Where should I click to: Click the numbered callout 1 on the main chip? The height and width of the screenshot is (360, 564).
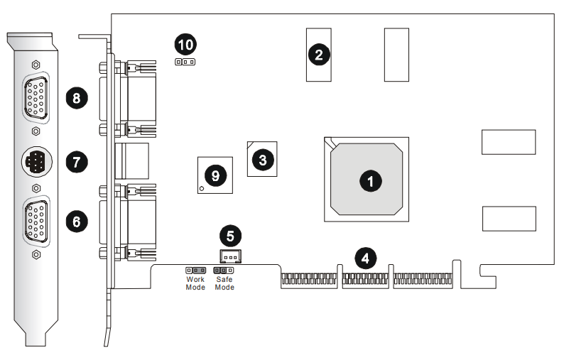pos(369,181)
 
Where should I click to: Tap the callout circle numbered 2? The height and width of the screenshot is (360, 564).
pos(319,53)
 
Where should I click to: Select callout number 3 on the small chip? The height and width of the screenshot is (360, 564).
pos(263,160)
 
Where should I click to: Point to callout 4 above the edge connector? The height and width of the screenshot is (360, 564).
pos(365,257)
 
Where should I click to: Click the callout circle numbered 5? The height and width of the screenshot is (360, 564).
pos(229,234)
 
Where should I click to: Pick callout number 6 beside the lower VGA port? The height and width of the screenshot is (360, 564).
pos(76,222)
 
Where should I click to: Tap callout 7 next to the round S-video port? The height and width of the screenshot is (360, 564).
pos(76,162)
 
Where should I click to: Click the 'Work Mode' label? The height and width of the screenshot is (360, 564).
pos(195,283)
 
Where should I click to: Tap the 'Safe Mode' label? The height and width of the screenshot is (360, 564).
pos(224,283)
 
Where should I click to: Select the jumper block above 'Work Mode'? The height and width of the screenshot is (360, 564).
pos(195,271)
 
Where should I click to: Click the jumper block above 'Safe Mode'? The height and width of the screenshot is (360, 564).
pos(224,271)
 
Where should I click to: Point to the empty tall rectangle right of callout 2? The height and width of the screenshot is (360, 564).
pos(396,55)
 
